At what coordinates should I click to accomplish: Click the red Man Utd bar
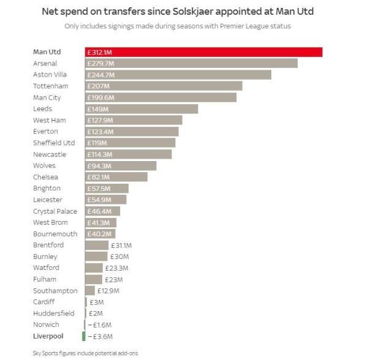[x=203, y=52]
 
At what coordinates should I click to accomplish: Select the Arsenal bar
[x=191, y=64]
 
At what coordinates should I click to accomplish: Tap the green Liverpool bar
[x=84, y=336]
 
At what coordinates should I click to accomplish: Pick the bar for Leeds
[x=141, y=109]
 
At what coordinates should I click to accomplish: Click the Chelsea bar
[x=116, y=177]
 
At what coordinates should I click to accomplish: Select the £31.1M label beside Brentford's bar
[x=121, y=245]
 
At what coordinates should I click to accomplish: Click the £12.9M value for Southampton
[x=108, y=291]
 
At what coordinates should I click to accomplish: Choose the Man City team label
[x=47, y=98]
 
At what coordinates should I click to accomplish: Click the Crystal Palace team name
[x=55, y=211]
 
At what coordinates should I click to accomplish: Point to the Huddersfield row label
[x=54, y=313]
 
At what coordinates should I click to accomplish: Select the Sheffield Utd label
[x=54, y=143]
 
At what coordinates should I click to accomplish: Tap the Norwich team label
[x=47, y=324]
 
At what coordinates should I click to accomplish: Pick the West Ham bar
[x=134, y=120]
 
